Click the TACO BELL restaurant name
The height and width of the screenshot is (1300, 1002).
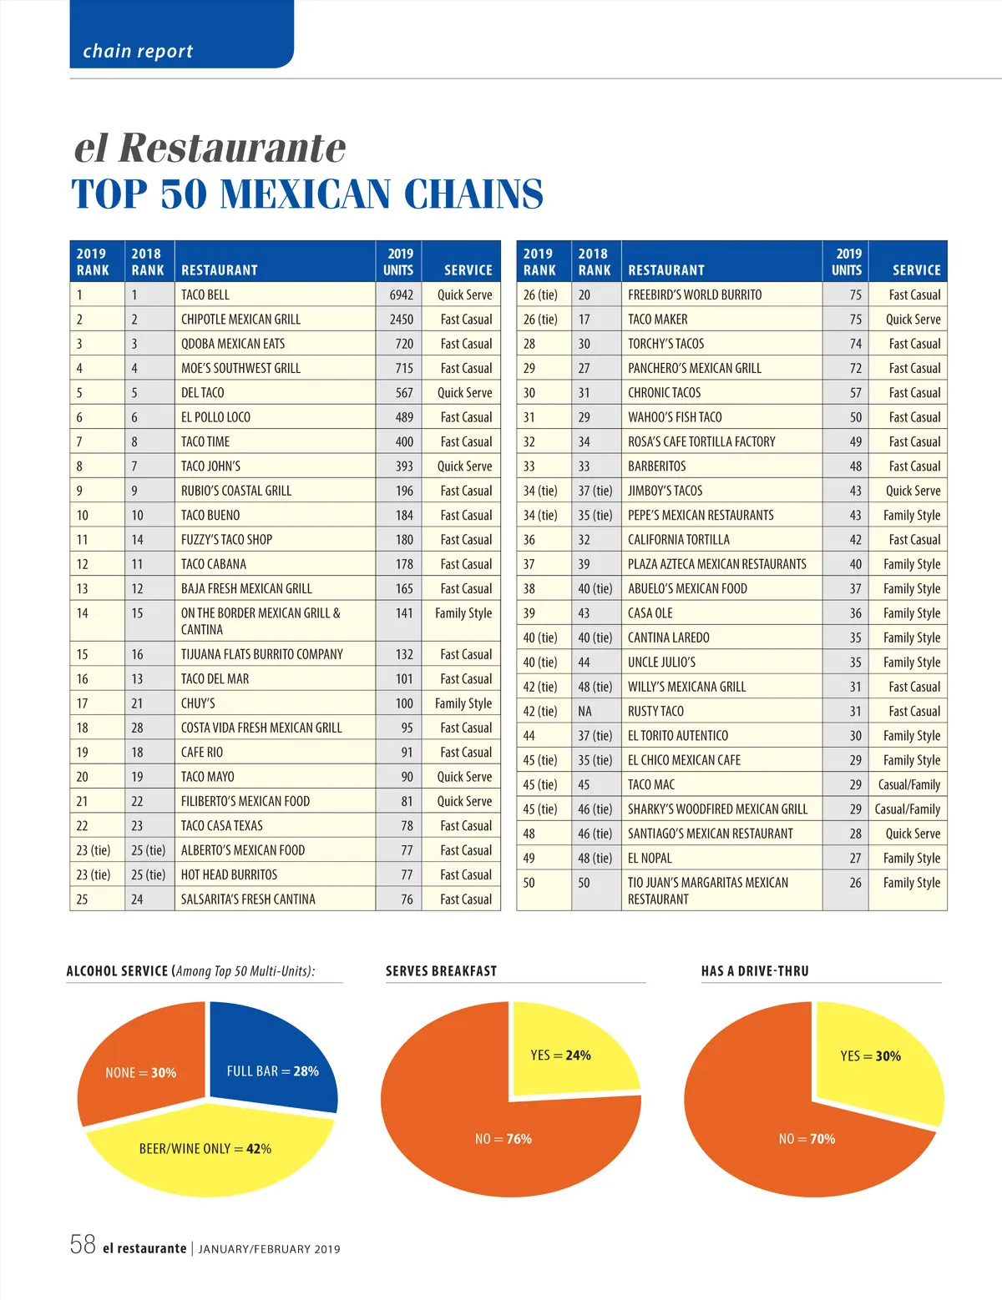205,295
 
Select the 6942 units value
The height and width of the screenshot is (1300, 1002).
401,295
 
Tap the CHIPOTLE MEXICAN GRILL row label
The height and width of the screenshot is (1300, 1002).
240,319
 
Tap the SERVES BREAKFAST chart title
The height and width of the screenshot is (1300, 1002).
441,971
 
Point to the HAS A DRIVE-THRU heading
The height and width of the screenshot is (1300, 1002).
755,971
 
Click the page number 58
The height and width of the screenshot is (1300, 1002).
83,1245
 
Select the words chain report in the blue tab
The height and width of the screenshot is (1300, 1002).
138,52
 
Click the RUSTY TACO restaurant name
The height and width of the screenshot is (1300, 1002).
655,711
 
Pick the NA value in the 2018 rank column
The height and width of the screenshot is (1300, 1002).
584,711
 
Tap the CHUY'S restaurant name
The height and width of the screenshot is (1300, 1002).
198,703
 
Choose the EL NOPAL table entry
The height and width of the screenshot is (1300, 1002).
650,858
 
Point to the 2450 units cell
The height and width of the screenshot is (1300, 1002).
401,319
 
